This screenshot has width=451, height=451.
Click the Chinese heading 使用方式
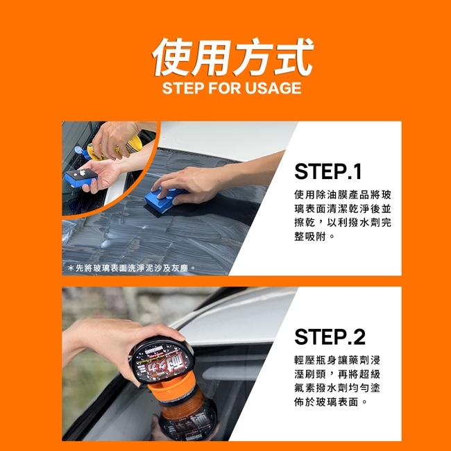click(x=232, y=57)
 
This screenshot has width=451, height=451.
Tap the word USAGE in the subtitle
click(x=273, y=88)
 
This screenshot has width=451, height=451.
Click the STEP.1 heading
click(x=328, y=171)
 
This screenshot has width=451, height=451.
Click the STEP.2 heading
click(x=330, y=337)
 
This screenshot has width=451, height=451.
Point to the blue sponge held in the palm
click(x=81, y=177)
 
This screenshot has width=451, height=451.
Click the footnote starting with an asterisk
click(x=132, y=269)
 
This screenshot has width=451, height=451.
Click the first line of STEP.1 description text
click(x=343, y=195)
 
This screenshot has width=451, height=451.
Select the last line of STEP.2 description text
click(x=330, y=402)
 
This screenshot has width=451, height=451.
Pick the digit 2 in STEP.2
click(x=359, y=337)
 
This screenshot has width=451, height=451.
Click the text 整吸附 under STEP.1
click(x=309, y=237)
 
